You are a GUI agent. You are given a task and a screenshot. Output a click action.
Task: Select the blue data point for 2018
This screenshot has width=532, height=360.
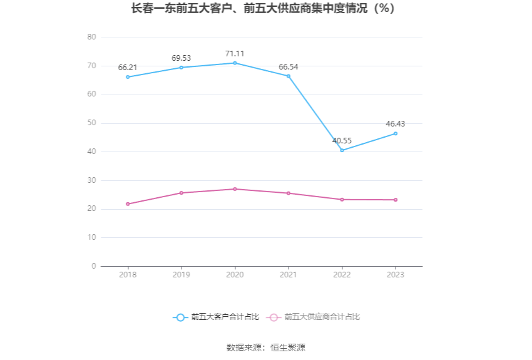tap(128, 77)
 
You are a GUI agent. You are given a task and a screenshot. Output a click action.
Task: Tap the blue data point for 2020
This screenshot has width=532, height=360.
tap(235, 63)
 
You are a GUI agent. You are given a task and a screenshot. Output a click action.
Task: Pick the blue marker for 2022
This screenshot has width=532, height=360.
tap(342, 150)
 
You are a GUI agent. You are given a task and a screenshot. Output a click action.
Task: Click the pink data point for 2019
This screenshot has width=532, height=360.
tap(182, 193)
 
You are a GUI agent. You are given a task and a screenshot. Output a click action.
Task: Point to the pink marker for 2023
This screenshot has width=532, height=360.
tap(396, 200)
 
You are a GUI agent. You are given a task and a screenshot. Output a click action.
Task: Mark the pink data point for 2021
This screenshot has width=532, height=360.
tap(289, 193)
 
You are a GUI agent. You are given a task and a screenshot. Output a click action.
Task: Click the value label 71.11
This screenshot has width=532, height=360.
tap(235, 53)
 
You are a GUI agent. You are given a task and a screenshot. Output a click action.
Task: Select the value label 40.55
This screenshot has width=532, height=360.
tap(342, 141)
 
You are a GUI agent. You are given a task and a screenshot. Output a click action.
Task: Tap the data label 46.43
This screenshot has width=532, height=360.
tap(396, 124)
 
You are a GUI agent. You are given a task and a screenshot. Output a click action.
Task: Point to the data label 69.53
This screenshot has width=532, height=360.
tap(182, 58)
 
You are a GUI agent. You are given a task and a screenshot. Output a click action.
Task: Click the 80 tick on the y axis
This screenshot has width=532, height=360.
tap(91, 38)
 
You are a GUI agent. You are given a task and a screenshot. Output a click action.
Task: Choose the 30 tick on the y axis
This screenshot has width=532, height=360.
tap(91, 180)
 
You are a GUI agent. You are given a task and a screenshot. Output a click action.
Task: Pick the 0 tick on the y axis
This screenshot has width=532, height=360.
tap(94, 266)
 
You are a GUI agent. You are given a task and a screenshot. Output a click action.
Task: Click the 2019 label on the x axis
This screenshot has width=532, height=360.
tap(182, 275)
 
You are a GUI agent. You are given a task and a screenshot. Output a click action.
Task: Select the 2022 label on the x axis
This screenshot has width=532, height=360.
tap(342, 275)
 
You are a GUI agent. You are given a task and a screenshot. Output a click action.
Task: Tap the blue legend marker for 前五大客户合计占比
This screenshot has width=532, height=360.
tap(180, 317)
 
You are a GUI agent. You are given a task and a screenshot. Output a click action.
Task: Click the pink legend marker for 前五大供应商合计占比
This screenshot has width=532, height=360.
tap(274, 317)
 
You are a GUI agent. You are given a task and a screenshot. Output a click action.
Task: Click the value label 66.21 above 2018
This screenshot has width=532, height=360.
tap(128, 68)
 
